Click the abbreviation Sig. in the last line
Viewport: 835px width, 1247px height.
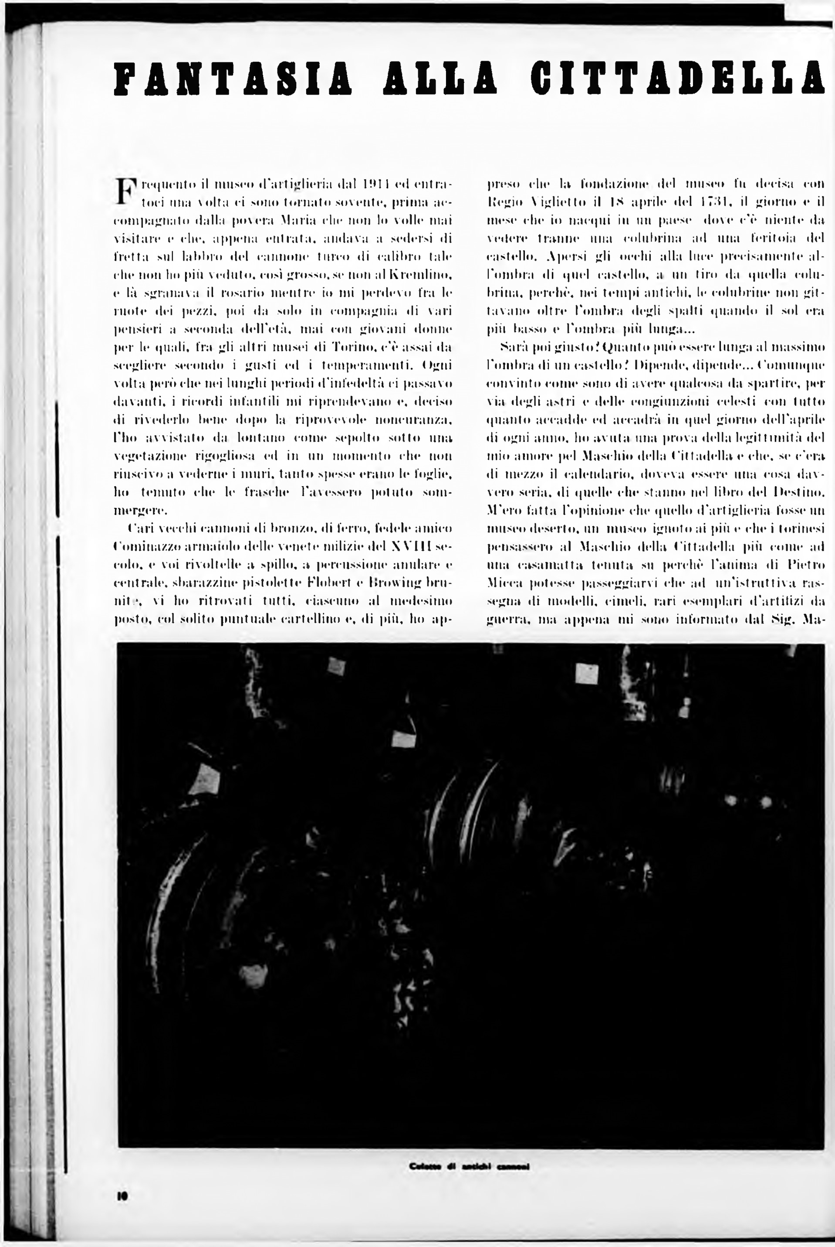pos(780,620)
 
